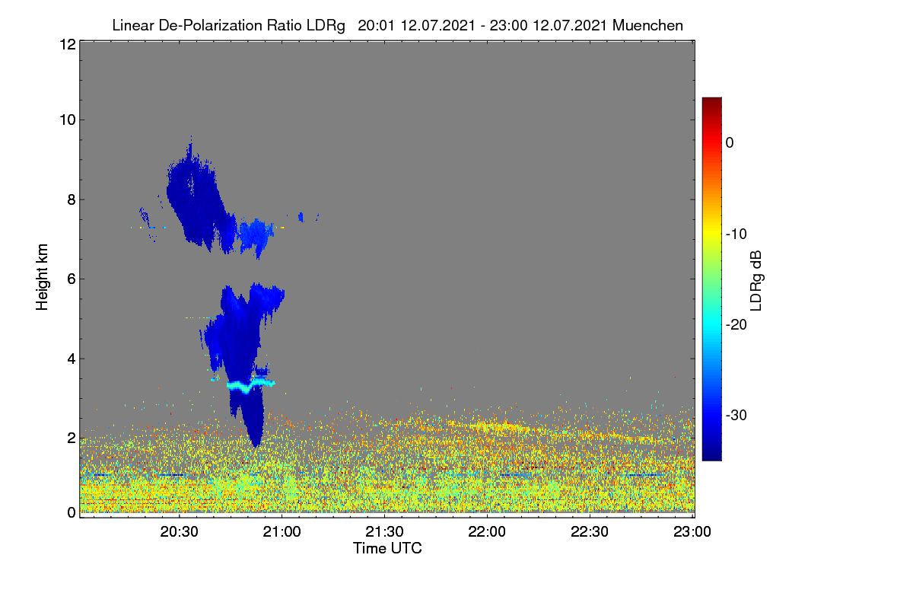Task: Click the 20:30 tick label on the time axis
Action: [x=179, y=531]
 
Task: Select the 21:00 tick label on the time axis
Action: [x=282, y=531]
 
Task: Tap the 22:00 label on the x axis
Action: [x=487, y=531]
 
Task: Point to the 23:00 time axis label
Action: [x=692, y=531]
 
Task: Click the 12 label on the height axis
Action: [x=68, y=44]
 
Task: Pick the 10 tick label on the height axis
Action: [x=68, y=120]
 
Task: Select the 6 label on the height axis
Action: [x=72, y=279]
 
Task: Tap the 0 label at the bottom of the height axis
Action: [x=72, y=512]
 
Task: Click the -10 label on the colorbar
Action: [x=736, y=234]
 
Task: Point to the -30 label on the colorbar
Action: [x=736, y=415]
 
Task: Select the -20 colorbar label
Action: [x=736, y=325]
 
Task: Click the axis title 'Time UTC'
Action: [x=387, y=548]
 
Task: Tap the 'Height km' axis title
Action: [x=42, y=277]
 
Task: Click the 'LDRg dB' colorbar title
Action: [x=756, y=281]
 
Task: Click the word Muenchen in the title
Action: [x=647, y=25]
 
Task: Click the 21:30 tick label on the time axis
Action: [x=384, y=531]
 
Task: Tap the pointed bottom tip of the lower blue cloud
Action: [x=256, y=447]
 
